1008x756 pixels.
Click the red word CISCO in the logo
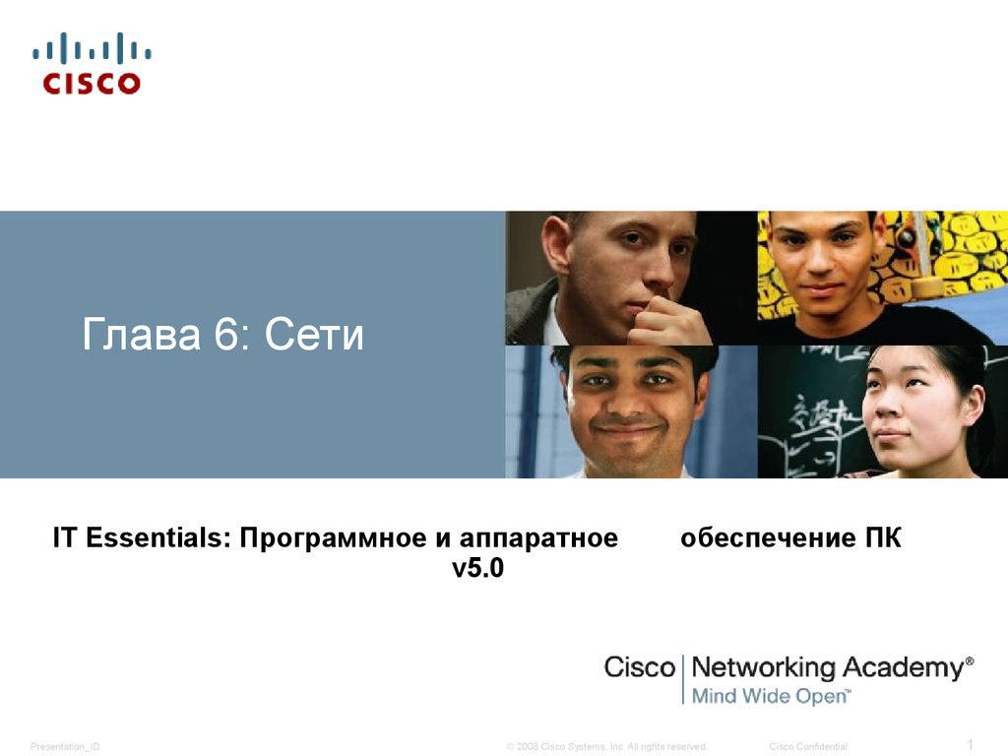92,83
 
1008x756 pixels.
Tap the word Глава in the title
141,335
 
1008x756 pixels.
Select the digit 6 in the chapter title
225,334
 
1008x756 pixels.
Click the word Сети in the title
314,335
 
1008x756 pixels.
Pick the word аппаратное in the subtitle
538,538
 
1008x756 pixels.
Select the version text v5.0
477,568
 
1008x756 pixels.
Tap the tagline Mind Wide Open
769,696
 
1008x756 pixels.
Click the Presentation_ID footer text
65,746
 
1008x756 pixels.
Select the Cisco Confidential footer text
808,746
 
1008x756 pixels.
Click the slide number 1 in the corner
971,744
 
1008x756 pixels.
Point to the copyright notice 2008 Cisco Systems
606,746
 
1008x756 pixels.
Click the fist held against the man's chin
668,322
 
